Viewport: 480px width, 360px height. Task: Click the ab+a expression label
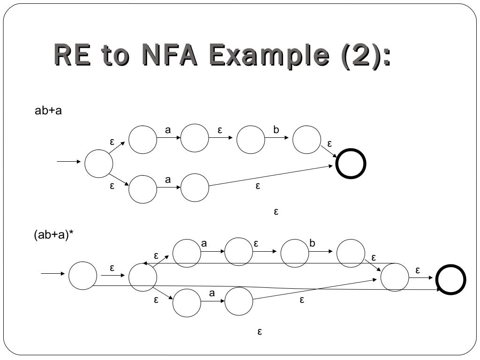pyautogui.click(x=49, y=111)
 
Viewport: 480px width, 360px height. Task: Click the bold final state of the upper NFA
pyautogui.click(x=351, y=164)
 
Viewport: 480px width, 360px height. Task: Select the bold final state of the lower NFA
pyautogui.click(x=450, y=280)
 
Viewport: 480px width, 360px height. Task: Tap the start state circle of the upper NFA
pyautogui.click(x=99, y=164)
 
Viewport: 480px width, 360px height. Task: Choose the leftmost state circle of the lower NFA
pyautogui.click(x=83, y=276)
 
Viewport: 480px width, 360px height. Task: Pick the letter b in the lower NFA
pyautogui.click(x=313, y=243)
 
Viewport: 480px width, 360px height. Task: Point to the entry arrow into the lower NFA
pyautogui.click(x=52, y=273)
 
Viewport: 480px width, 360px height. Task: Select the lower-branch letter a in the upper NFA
pyautogui.click(x=167, y=180)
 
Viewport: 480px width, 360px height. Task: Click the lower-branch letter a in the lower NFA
pyautogui.click(x=211, y=293)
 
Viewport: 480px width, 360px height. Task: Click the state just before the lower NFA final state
pyautogui.click(x=395, y=277)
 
